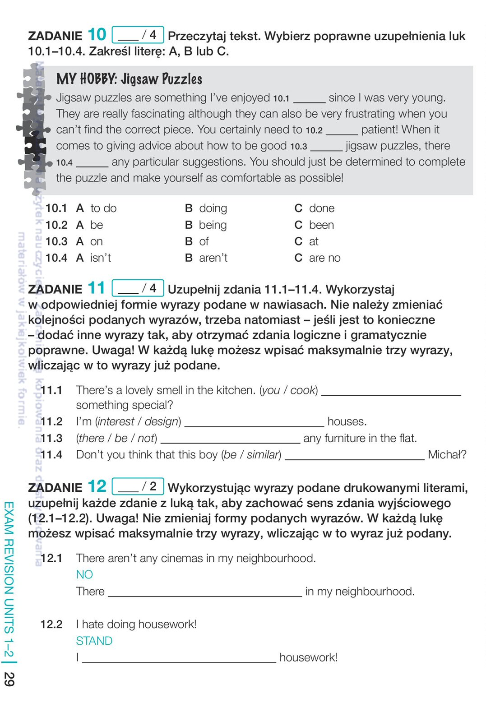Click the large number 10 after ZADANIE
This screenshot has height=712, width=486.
point(97,35)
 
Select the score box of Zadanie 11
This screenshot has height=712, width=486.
point(138,288)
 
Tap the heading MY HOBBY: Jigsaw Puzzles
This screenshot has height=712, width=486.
point(129,79)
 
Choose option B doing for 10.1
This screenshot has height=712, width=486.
point(206,208)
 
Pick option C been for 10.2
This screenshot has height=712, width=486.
point(315,225)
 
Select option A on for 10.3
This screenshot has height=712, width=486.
point(90,241)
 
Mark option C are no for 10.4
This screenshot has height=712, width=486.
point(318,258)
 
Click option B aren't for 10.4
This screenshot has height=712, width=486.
point(206,258)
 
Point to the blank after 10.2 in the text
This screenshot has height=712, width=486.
point(342,131)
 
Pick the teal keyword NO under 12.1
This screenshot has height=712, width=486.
point(84,574)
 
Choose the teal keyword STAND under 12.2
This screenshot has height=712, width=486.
point(94,641)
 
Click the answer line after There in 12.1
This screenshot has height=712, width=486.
point(205,593)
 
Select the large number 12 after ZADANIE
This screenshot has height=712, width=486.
point(97,486)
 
